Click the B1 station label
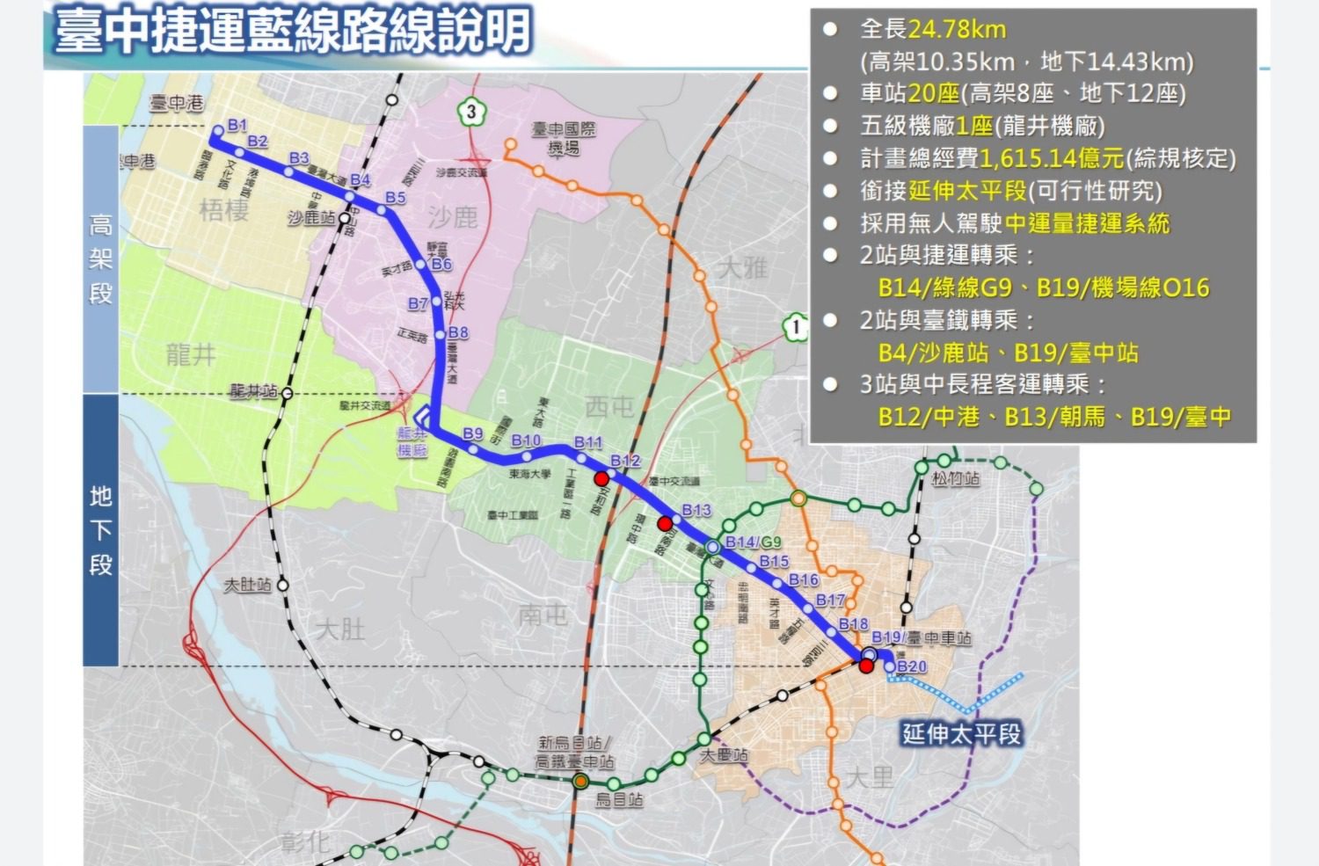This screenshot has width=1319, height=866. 237,126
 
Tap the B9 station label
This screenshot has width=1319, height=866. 473,433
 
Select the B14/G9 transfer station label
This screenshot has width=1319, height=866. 753,542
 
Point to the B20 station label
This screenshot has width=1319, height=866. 912,666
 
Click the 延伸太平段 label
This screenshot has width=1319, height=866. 962,733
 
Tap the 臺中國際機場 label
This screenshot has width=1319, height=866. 564,139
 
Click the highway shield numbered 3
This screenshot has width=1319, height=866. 471,112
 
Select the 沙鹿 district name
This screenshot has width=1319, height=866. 453,217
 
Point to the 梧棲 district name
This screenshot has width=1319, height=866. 224,210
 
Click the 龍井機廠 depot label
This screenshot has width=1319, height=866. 412,441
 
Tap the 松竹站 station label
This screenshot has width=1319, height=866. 955,479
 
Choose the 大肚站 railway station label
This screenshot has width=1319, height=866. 247,585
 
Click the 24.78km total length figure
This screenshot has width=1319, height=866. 957,29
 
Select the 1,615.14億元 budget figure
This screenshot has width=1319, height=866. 1052,158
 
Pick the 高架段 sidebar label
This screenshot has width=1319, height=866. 100,258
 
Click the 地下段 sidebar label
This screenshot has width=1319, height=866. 100,529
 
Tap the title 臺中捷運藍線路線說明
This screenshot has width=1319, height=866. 293,32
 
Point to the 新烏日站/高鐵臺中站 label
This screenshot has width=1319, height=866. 575,753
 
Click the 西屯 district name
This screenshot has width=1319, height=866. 609,406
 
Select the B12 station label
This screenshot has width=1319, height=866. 625,461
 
